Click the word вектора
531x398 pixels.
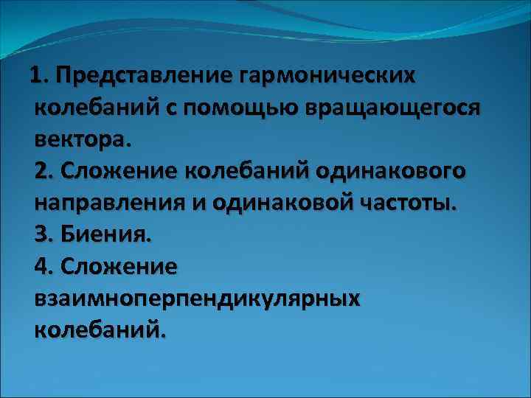[x=80, y=139]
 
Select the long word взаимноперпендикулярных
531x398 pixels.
[x=196, y=298]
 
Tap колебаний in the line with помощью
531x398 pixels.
[x=94, y=108]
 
